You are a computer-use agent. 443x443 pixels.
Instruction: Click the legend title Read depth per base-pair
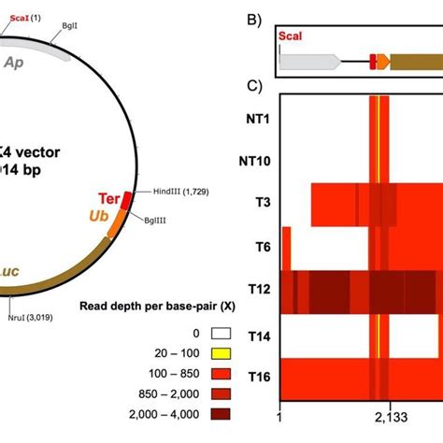click(150, 306)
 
